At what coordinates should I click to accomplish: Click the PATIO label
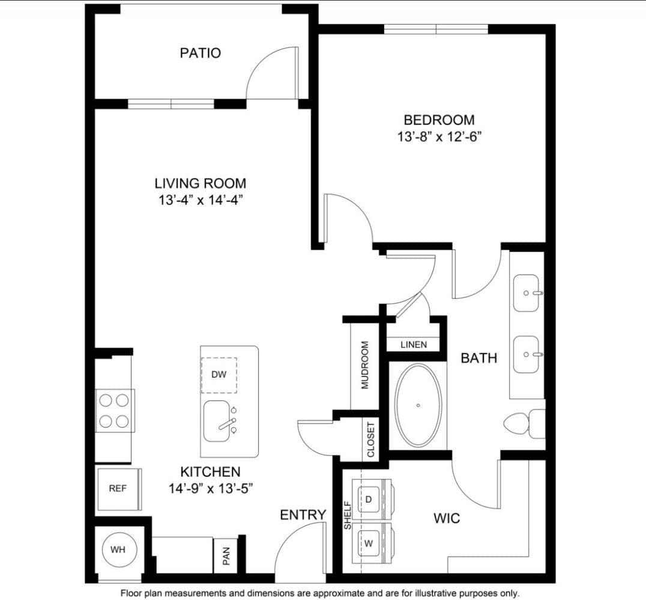click(x=201, y=53)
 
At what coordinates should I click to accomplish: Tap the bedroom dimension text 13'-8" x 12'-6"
click(x=439, y=136)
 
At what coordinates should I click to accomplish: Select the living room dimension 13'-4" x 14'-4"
click(x=201, y=200)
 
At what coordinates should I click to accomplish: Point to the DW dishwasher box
click(x=219, y=375)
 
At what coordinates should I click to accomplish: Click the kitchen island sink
click(x=217, y=421)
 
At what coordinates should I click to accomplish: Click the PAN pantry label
click(x=226, y=556)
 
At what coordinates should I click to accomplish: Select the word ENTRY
click(x=303, y=515)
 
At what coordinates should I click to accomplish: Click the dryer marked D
click(x=372, y=500)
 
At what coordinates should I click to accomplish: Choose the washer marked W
click(x=372, y=543)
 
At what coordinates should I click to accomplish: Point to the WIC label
click(x=447, y=518)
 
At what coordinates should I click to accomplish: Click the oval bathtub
click(x=418, y=405)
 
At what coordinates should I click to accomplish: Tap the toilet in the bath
click(x=524, y=424)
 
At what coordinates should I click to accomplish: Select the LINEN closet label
click(x=414, y=344)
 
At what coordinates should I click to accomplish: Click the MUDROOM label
click(x=365, y=365)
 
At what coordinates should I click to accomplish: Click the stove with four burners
click(x=114, y=411)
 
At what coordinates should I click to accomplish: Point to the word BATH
click(x=478, y=358)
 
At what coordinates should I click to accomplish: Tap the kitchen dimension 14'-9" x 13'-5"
click(x=211, y=489)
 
